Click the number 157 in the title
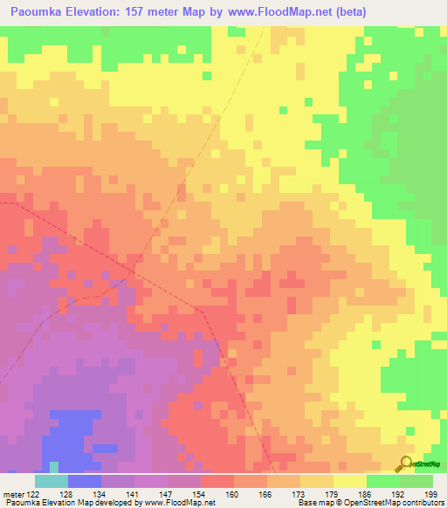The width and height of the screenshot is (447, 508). point(148,11)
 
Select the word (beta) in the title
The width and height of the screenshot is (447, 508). point(347,11)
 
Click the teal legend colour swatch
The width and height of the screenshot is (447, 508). point(51,481)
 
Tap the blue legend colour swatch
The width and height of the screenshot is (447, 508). point(84,481)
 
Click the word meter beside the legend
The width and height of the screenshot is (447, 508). point(13,494)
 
